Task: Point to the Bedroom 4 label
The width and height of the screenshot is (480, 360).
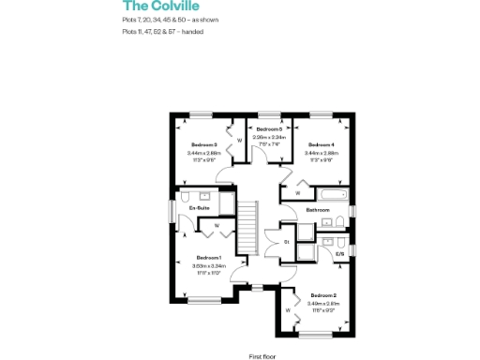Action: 321,144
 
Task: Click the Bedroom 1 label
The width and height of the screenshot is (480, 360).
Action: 208,257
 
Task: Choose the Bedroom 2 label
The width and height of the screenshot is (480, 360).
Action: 323,295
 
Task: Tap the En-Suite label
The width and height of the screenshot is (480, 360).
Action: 198,207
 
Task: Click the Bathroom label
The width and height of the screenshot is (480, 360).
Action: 318,210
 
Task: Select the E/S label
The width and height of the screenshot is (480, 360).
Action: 339,253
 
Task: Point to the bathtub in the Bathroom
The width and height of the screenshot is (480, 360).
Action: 331,194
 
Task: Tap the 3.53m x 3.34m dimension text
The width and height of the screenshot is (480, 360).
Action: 208,265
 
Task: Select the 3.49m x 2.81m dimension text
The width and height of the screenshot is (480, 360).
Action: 323,304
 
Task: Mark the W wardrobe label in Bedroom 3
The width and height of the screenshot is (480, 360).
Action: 239,141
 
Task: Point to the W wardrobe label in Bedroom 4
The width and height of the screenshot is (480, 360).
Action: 297,193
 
